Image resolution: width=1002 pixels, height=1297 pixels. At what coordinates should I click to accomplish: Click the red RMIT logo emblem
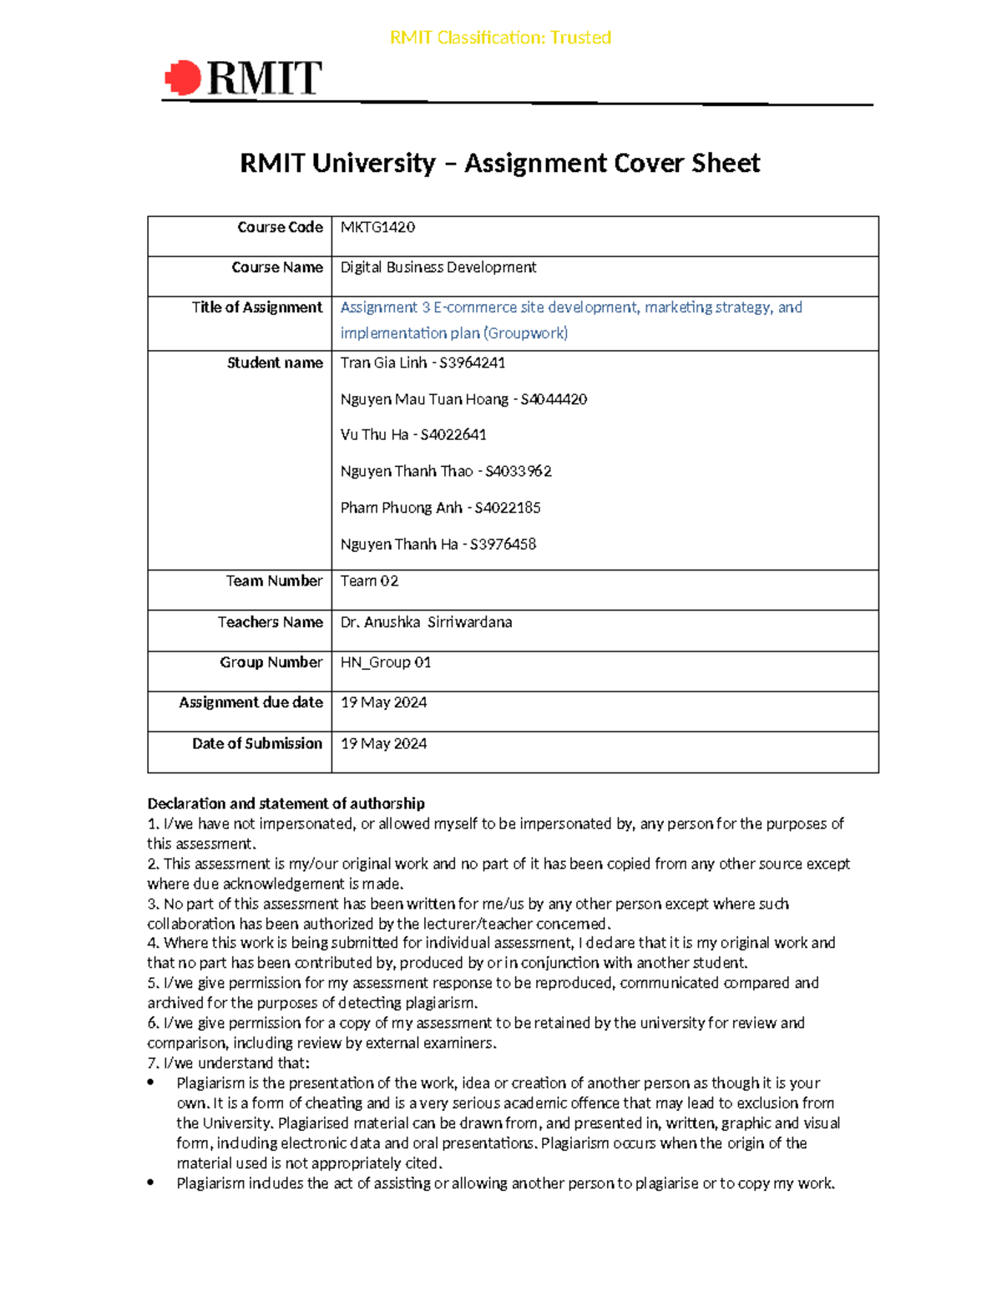click(x=183, y=79)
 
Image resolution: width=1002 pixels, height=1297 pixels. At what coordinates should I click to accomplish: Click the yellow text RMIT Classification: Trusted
click(x=500, y=38)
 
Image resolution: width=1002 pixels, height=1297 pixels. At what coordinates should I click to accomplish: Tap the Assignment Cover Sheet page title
click(x=499, y=163)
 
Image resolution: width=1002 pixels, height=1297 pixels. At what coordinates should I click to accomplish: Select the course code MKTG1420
click(x=377, y=227)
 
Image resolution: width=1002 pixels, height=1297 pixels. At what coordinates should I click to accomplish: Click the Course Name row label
click(x=276, y=267)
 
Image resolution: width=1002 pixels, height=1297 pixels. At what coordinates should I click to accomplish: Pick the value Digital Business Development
click(x=438, y=267)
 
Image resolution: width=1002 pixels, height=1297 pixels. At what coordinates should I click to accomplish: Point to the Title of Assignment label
click(x=256, y=307)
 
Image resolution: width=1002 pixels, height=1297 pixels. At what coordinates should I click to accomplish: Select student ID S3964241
click(x=472, y=362)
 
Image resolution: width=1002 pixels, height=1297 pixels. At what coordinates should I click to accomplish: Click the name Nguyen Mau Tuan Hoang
click(x=424, y=399)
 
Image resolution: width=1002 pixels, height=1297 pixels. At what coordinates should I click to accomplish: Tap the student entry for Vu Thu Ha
click(x=413, y=435)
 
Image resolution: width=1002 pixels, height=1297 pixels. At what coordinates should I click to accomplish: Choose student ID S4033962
click(x=518, y=471)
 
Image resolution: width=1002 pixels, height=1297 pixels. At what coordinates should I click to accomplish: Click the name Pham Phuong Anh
click(x=401, y=508)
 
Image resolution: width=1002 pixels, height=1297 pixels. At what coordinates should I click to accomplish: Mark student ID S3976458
click(x=503, y=545)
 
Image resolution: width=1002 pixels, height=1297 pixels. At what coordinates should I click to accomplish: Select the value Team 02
click(x=369, y=581)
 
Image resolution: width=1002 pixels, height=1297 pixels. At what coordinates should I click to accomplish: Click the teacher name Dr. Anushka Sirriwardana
click(x=426, y=622)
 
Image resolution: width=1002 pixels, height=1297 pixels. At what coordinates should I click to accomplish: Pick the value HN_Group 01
click(x=385, y=662)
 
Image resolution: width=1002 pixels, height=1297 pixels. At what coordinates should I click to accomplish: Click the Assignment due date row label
click(x=250, y=702)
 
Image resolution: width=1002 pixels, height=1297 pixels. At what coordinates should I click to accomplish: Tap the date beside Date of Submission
click(x=383, y=743)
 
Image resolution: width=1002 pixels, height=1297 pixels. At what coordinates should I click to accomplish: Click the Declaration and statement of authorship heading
click(x=286, y=803)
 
